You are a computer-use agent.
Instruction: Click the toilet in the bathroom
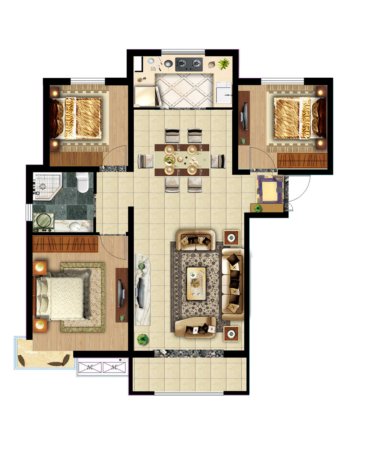(x=82, y=182)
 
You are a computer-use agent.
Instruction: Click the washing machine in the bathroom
(x=43, y=222)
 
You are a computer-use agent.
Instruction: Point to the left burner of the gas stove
(x=182, y=63)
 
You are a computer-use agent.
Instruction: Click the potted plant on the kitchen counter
(x=223, y=64)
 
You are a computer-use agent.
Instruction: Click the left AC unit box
(x=90, y=367)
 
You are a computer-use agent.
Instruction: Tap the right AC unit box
(x=114, y=367)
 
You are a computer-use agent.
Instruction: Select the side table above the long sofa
(x=231, y=238)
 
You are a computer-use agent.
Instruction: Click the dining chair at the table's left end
(x=146, y=161)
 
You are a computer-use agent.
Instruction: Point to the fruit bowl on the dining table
(x=170, y=160)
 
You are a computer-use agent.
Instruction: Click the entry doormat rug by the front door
(x=270, y=189)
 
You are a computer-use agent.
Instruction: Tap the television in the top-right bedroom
(x=244, y=117)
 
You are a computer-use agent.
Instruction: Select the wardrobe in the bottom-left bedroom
(x=66, y=244)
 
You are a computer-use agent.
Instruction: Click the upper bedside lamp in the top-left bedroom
(x=55, y=93)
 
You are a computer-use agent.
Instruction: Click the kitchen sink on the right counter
(x=224, y=95)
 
